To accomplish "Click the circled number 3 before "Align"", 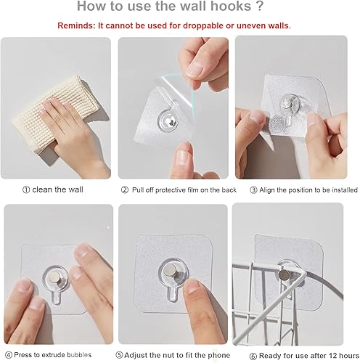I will click(x=253, y=189).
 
